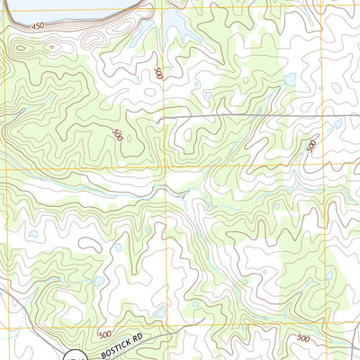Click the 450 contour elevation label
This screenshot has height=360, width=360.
37,26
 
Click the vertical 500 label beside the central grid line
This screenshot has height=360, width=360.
158,73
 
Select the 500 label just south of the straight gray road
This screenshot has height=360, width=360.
311,145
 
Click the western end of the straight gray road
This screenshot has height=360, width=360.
165,118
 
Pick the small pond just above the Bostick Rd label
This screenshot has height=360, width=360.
159,312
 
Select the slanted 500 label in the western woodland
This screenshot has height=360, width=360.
116,134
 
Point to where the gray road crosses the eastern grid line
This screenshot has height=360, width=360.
322,117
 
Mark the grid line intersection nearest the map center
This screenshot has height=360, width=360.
166,166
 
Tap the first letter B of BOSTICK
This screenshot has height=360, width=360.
103,352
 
